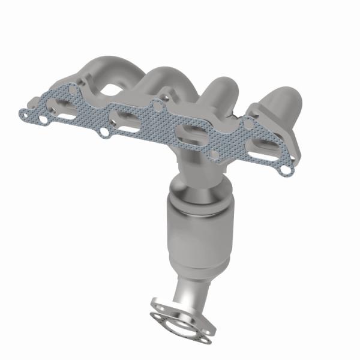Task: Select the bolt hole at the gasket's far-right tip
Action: (286, 170)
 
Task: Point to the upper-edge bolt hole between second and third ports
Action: (158, 107)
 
